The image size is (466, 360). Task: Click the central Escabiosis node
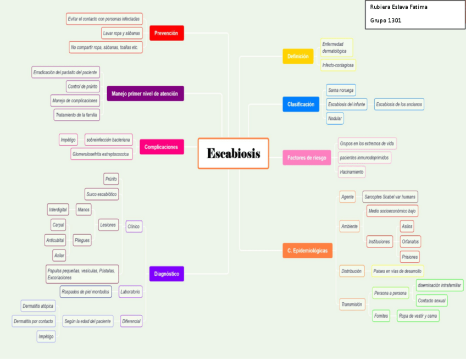tap(233, 153)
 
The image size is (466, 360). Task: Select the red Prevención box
tap(166, 33)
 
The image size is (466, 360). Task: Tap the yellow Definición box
tap(298, 56)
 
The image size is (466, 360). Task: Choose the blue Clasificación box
tap(301, 104)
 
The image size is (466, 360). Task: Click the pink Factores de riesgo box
tap(306, 158)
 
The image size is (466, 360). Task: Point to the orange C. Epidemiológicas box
tap(307, 251)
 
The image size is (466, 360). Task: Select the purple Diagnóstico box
tap(166, 273)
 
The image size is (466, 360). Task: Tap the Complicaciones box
tap(161, 147)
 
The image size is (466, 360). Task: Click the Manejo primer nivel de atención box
tap(145, 93)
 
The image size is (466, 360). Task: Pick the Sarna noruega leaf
tap(341, 90)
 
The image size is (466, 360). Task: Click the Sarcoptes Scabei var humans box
tap(390, 196)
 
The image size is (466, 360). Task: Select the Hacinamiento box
tap(352, 172)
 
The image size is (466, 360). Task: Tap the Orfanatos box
tap(410, 241)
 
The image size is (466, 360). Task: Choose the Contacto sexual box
tap(431, 301)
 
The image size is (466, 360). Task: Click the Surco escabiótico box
tap(102, 194)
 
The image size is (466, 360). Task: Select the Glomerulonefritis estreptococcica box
tap(102, 154)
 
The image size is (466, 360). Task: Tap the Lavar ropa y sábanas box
tap(121, 34)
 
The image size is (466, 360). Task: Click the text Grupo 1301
tap(386, 20)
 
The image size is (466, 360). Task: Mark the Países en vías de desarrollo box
tap(397, 271)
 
